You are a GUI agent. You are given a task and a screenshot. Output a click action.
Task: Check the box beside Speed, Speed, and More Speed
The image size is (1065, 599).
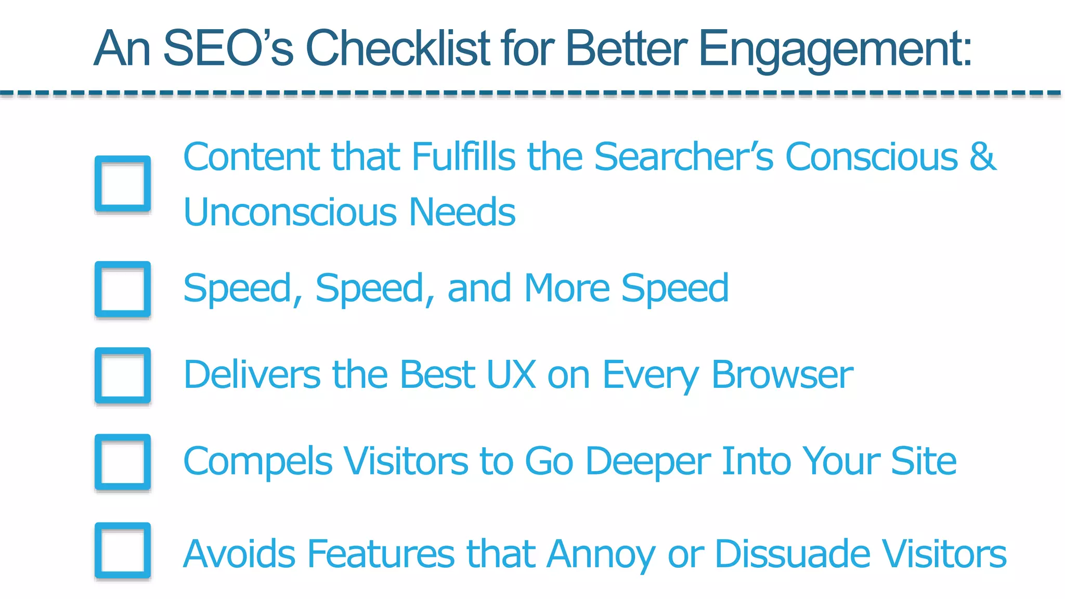pos(123,289)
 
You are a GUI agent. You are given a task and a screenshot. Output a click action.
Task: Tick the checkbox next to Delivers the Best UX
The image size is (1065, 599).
pos(123,375)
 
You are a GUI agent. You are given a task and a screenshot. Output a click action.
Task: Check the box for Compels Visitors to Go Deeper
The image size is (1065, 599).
pos(123,462)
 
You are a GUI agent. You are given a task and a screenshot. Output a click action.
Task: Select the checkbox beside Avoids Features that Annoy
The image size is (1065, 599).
pos(123,551)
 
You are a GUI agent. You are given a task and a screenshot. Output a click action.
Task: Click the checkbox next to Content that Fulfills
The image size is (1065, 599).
pos(123,184)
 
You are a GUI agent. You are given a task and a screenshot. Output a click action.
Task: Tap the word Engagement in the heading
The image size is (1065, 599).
pos(835,49)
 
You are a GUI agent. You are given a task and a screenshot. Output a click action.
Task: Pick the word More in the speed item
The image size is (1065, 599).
pos(566,288)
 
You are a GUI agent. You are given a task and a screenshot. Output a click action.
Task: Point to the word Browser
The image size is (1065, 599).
pos(782,374)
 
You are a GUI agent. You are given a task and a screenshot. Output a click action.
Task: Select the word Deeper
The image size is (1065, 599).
pos(648,461)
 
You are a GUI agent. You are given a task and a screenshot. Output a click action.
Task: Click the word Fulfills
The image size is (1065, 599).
pos(463,156)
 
